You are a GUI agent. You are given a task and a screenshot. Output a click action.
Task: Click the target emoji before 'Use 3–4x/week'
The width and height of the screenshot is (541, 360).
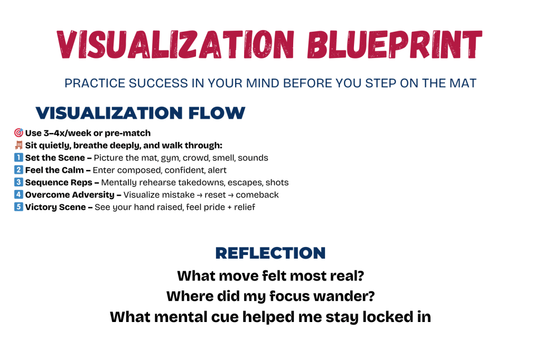point(18,133)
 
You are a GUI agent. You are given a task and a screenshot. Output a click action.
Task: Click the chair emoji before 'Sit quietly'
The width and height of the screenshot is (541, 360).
point(18,145)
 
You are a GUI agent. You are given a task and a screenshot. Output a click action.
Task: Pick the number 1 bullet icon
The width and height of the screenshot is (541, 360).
point(18,158)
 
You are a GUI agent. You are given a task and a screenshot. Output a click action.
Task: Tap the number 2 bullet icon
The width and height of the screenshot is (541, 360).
point(18,170)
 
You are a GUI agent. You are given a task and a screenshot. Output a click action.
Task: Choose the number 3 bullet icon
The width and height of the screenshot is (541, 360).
point(18,183)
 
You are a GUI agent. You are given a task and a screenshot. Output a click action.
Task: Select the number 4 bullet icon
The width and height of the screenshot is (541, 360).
point(18,195)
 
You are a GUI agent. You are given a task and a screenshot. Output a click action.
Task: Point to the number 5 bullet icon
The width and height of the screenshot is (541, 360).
point(18,207)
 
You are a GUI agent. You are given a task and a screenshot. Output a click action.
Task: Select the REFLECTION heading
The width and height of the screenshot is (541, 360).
point(270,253)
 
